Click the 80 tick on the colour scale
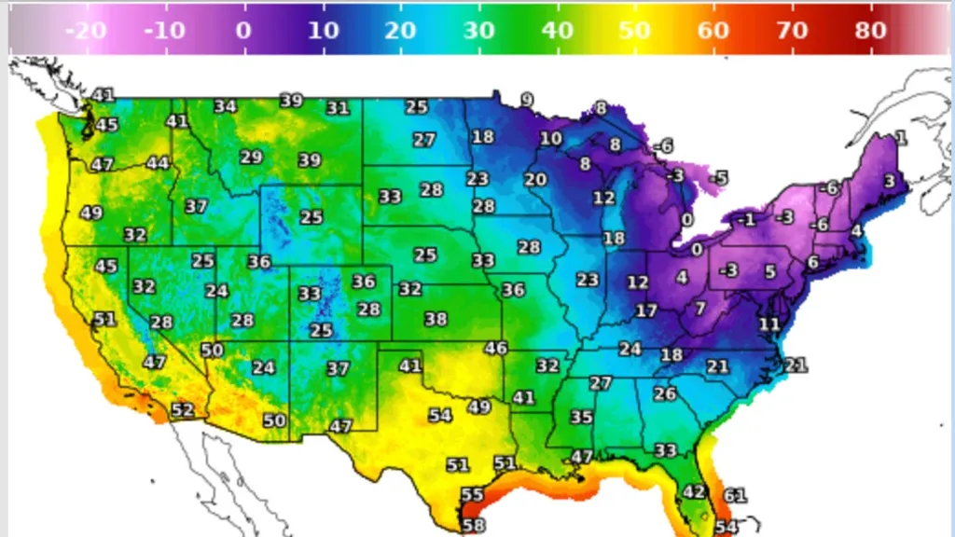pos(871,30)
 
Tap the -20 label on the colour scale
pos(85,30)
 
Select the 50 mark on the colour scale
pos(634,30)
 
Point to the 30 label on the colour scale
pos(478,30)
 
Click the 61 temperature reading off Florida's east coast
pos(735,496)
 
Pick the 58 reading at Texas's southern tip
pos(474,526)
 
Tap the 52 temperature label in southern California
pos(182,410)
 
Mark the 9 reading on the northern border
pos(527,100)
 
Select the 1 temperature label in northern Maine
pos(901,138)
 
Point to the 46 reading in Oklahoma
pos(496,349)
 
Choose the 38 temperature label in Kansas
pos(436,319)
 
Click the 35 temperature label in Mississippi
pos(582,417)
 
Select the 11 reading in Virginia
pos(768,324)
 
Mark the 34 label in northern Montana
pos(225,106)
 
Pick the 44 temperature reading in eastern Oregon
pos(158,163)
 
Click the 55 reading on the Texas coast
pos(472,495)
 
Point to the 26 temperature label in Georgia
pos(664,394)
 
